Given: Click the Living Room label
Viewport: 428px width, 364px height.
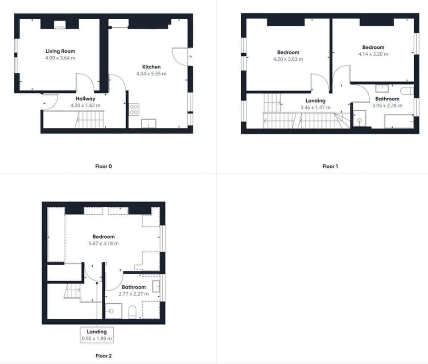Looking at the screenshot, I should (x=60, y=51).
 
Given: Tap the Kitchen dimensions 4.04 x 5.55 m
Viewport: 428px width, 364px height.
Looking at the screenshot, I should (x=151, y=74).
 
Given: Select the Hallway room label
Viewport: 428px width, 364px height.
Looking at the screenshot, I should (x=85, y=99).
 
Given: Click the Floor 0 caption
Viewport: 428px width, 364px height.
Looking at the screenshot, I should (x=104, y=167).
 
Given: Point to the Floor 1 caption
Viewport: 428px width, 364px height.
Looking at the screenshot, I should (x=330, y=167).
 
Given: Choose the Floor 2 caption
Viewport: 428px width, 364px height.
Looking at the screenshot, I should (x=104, y=356).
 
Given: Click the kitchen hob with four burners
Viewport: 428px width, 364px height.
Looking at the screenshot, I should (x=134, y=109).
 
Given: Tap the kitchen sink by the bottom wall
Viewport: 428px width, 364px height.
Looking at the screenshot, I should (x=148, y=124).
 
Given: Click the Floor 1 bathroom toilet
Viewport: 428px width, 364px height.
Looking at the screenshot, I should (x=407, y=91).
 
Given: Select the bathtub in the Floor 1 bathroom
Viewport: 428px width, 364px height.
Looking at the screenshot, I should (x=399, y=121).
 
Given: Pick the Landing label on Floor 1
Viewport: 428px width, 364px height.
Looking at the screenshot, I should (x=315, y=101).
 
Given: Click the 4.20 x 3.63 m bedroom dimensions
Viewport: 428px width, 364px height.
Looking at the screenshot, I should (x=288, y=59).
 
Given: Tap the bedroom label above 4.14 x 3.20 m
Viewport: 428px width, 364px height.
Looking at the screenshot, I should (x=373, y=47).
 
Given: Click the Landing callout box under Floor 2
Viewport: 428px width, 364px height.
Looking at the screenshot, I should (x=97, y=335).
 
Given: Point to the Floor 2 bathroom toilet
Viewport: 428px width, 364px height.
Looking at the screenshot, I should (x=132, y=312).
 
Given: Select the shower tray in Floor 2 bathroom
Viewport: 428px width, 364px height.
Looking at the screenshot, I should (x=113, y=311).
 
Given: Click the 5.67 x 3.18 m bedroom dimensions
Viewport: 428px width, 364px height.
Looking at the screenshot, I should (x=103, y=243).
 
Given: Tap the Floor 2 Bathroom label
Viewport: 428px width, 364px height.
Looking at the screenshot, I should (x=132, y=287).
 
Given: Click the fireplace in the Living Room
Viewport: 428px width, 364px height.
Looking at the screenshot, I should (x=60, y=25).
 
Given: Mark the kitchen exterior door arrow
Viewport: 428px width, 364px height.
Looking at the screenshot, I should (x=190, y=57).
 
